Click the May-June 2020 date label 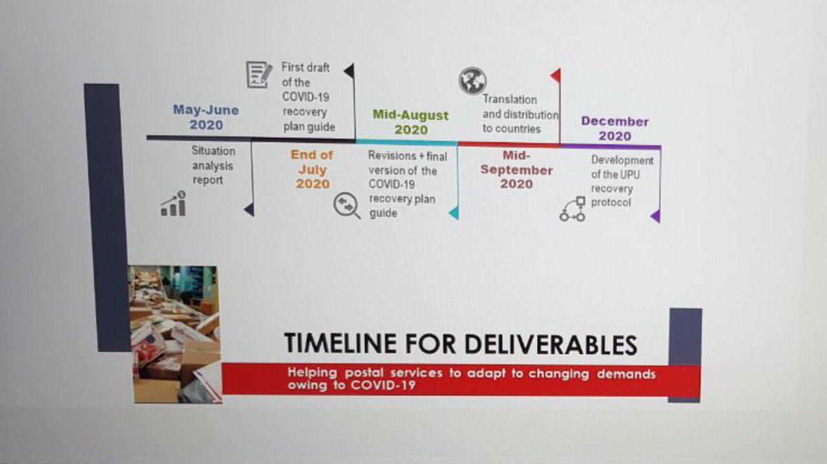click(206, 117)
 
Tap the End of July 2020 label click(312, 169)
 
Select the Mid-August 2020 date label click(410, 122)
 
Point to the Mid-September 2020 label click(516, 170)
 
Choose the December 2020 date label click(614, 128)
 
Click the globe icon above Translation click(472, 81)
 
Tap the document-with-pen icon click(259, 75)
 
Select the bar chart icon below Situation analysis click(174, 203)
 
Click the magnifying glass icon click(347, 205)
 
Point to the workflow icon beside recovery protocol click(572, 208)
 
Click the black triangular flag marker click(350, 71)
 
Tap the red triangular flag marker click(556, 76)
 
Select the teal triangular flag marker click(454, 213)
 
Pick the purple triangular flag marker click(656, 216)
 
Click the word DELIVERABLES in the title click(551, 345)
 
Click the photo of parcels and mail click(175, 334)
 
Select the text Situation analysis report click(213, 166)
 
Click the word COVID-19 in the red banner click(383, 385)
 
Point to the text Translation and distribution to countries click(521, 114)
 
